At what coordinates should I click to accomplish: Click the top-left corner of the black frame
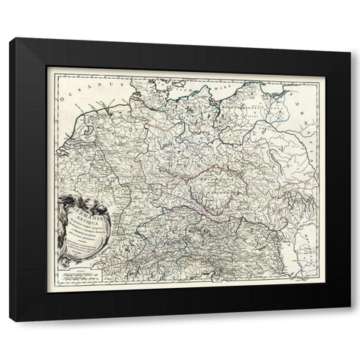(10, 40)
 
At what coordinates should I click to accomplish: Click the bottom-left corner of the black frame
(10, 320)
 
